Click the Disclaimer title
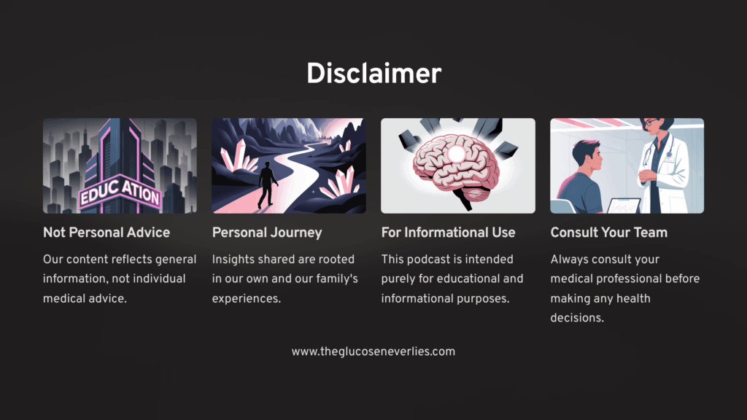(x=373, y=74)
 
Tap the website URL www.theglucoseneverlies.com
(x=373, y=352)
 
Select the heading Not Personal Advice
(x=107, y=233)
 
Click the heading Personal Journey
(x=267, y=233)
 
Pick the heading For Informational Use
(x=448, y=233)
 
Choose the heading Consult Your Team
(x=609, y=233)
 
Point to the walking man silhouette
(x=267, y=184)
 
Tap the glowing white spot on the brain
(x=457, y=154)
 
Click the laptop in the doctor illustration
(x=623, y=206)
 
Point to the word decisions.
(x=577, y=318)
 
